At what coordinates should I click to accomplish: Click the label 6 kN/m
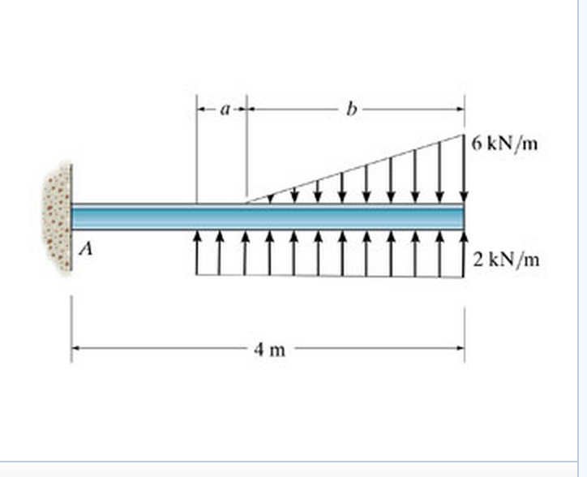[x=503, y=144]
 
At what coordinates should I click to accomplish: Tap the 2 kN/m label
[x=506, y=260]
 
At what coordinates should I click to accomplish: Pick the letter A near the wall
[x=84, y=251]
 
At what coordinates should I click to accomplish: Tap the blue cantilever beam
[x=268, y=217]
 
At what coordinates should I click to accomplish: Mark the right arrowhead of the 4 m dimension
[x=461, y=350]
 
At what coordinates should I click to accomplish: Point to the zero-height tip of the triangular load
[x=246, y=201]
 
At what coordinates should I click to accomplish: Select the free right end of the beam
[x=463, y=217]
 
